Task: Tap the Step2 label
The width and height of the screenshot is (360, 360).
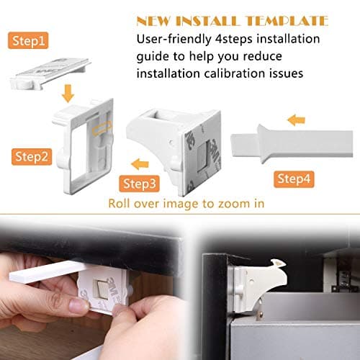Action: pyautogui.click(x=32, y=155)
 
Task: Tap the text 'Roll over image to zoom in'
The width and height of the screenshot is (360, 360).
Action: pyautogui.click(x=186, y=203)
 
